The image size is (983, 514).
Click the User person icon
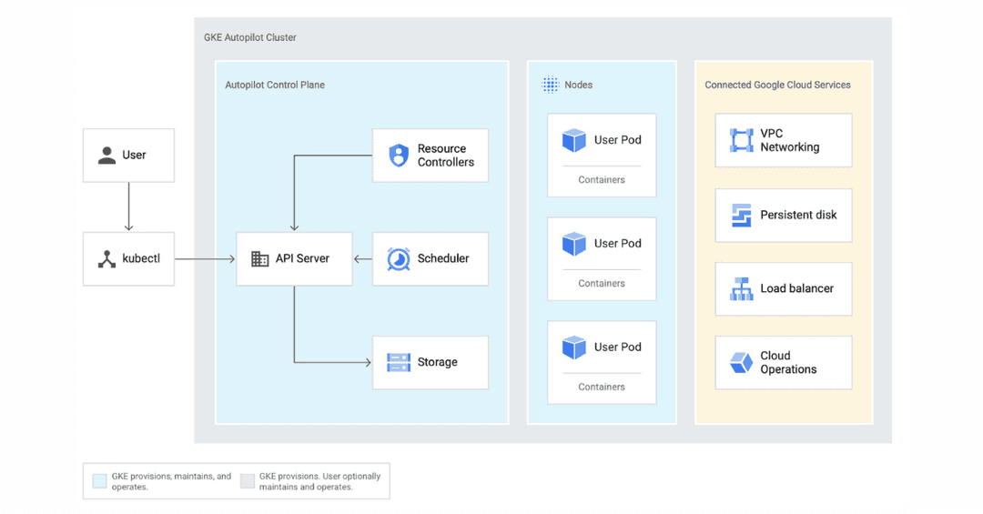click(106, 156)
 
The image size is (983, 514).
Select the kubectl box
click(128, 259)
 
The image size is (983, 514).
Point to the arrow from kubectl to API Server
click(205, 259)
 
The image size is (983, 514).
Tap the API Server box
click(294, 259)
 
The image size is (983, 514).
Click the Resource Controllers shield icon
click(399, 156)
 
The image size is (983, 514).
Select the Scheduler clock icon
click(399, 259)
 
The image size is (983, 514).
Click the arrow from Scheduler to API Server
click(362, 259)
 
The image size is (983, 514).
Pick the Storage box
click(430, 362)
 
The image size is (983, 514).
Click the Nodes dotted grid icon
click(550, 85)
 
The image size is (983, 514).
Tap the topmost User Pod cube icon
click(574, 140)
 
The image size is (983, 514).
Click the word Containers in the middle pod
click(602, 284)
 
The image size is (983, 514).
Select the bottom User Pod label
click(617, 348)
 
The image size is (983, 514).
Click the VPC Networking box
click(783, 140)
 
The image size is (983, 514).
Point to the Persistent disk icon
click(741, 216)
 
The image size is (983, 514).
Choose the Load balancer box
click(783, 289)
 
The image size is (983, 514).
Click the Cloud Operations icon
click(741, 363)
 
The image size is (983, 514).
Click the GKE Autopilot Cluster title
click(250, 37)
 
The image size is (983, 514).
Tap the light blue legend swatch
click(99, 481)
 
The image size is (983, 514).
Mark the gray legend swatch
click(247, 481)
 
